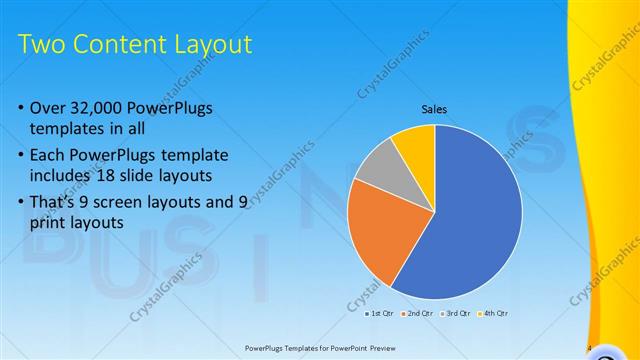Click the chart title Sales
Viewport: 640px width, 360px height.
pyautogui.click(x=434, y=109)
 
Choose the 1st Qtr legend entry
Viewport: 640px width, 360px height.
pyautogui.click(x=378, y=314)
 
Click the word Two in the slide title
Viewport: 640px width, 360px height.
pyautogui.click(x=42, y=44)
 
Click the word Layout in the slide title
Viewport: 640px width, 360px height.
pyautogui.click(x=212, y=44)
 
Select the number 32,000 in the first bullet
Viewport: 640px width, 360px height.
pyautogui.click(x=100, y=108)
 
